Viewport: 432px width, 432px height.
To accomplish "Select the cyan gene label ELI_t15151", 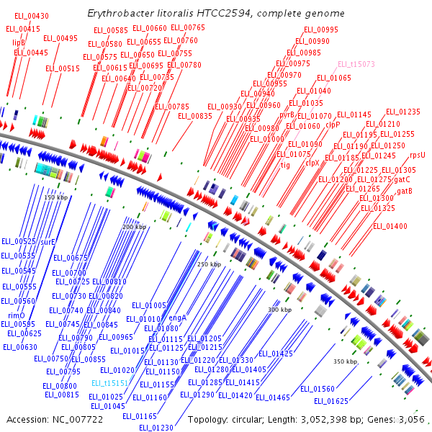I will point(109,384).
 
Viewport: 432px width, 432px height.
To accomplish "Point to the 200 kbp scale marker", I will point(134,227).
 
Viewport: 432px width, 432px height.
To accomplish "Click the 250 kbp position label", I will point(209,264).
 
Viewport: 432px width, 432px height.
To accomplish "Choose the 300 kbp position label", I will point(279,310).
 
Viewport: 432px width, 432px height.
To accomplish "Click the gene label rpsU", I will point(418,155).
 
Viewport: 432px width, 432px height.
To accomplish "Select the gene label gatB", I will point(405,191).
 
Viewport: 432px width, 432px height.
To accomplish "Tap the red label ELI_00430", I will point(32,16).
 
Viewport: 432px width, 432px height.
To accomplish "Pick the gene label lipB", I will point(19,42).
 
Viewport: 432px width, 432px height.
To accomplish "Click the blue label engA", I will point(178,317).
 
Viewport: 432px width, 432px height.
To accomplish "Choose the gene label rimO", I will point(17,315).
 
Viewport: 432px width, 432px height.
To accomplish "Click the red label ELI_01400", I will point(390,227).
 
